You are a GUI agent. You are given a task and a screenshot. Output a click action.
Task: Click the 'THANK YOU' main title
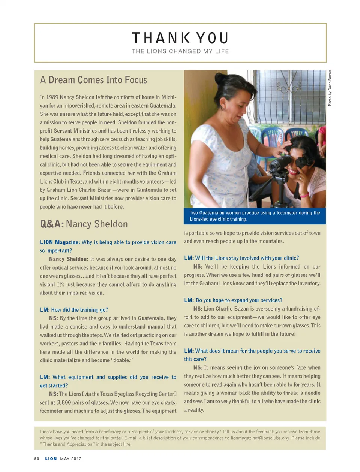click(180, 38)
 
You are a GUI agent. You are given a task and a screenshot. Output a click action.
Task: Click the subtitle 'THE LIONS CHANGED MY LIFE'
click(180, 51)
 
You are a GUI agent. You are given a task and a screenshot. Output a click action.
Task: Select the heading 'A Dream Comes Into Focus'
click(93, 80)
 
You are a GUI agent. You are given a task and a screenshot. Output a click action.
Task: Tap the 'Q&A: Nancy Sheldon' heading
click(84, 224)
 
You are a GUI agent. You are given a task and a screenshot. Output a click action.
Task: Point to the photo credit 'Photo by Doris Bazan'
click(330, 88)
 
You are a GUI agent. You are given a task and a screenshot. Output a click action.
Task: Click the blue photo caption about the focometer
click(255, 216)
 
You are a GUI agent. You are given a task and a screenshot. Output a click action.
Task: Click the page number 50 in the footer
click(36, 459)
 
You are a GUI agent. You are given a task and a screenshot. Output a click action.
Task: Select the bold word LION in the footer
click(51, 459)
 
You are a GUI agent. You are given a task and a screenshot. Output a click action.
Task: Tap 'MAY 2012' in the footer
click(71, 459)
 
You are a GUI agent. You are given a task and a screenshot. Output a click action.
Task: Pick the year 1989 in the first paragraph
click(52, 97)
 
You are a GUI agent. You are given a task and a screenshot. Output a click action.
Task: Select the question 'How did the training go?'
click(79, 310)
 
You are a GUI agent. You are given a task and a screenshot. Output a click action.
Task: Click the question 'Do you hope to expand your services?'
click(239, 300)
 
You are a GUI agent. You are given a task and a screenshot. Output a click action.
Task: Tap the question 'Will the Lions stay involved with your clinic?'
click(247, 258)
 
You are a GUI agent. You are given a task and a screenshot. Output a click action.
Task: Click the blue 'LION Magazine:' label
click(60, 242)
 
